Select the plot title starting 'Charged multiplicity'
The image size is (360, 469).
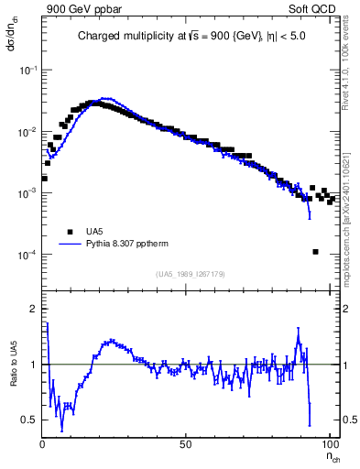point(191,37)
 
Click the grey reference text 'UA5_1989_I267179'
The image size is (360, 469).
point(190,273)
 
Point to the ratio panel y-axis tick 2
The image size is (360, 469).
point(33,309)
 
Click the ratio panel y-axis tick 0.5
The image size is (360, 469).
point(29,420)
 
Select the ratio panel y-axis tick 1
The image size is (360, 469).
point(33,365)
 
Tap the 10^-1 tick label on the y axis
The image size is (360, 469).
point(27,71)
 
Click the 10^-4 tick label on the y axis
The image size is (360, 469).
point(27,255)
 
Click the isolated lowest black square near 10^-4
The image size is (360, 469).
point(314,252)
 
